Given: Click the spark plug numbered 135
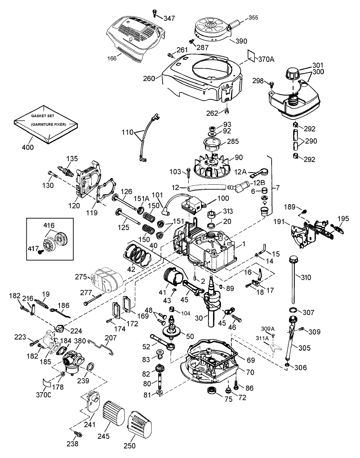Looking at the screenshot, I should [66, 170].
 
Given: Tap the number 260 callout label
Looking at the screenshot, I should [150, 78].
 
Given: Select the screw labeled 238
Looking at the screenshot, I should [79, 434].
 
